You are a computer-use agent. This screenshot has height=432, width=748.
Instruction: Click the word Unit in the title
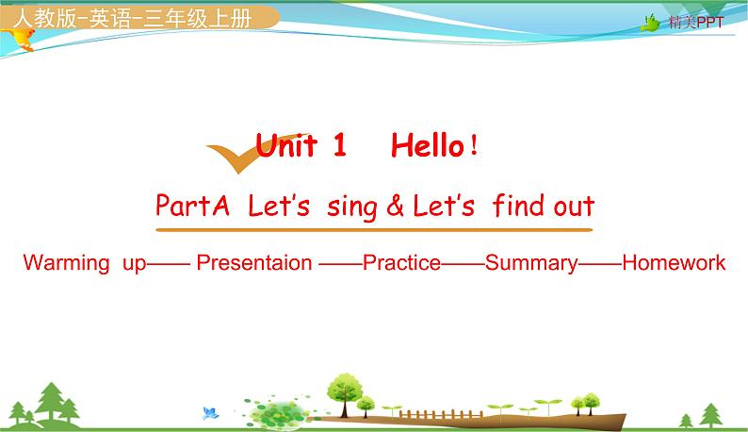(288, 145)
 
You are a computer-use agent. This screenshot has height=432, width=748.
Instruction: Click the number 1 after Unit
(339, 145)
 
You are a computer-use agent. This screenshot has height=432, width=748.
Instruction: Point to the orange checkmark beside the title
(232, 155)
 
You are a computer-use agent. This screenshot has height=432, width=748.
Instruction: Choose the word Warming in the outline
(66, 262)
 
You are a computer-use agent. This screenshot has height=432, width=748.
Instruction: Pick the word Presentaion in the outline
(253, 262)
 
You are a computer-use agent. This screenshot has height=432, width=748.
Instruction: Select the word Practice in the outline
(401, 262)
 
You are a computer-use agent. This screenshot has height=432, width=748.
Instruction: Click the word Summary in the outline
(530, 262)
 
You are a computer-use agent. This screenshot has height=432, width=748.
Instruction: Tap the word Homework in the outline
(674, 262)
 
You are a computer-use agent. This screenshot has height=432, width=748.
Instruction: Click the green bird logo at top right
(651, 23)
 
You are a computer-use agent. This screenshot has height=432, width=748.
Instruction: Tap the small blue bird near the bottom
(211, 412)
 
